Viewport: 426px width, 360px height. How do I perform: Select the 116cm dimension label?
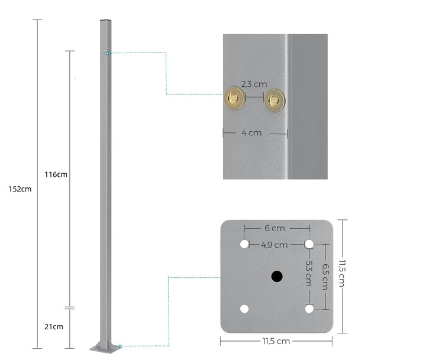pos(56,174)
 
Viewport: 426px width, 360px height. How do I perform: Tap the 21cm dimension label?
pos(53,326)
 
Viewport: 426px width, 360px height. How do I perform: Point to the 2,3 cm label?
pos(254,85)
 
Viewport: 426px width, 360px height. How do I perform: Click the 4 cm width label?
pos(251,133)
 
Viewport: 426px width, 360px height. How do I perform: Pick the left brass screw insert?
pos(233,99)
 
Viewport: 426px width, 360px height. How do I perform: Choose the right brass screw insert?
pos(274,100)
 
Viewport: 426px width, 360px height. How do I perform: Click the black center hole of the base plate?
pos(276,276)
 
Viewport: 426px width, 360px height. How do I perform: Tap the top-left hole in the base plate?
pos(244,244)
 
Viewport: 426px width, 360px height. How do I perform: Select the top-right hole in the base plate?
pos(309,244)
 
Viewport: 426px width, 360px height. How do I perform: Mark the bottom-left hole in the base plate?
pos(244,309)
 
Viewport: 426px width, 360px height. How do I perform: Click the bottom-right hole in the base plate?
pos(309,309)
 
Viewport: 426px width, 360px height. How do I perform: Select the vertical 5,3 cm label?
pos(309,274)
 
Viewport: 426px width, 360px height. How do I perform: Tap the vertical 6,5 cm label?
pos(325,276)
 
